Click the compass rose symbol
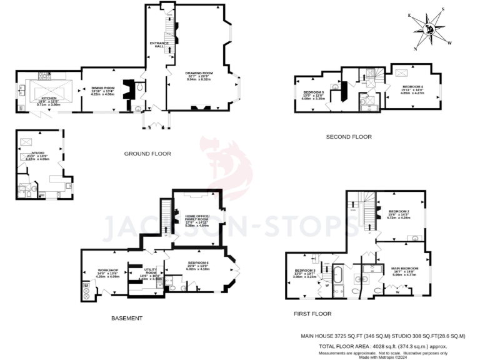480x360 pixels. coord(429,29)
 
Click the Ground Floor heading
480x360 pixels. coord(147,154)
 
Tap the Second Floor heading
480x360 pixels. coord(349,137)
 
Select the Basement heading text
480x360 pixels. coord(127,318)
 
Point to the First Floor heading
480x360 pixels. coord(312,314)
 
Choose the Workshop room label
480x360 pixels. coord(107,272)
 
